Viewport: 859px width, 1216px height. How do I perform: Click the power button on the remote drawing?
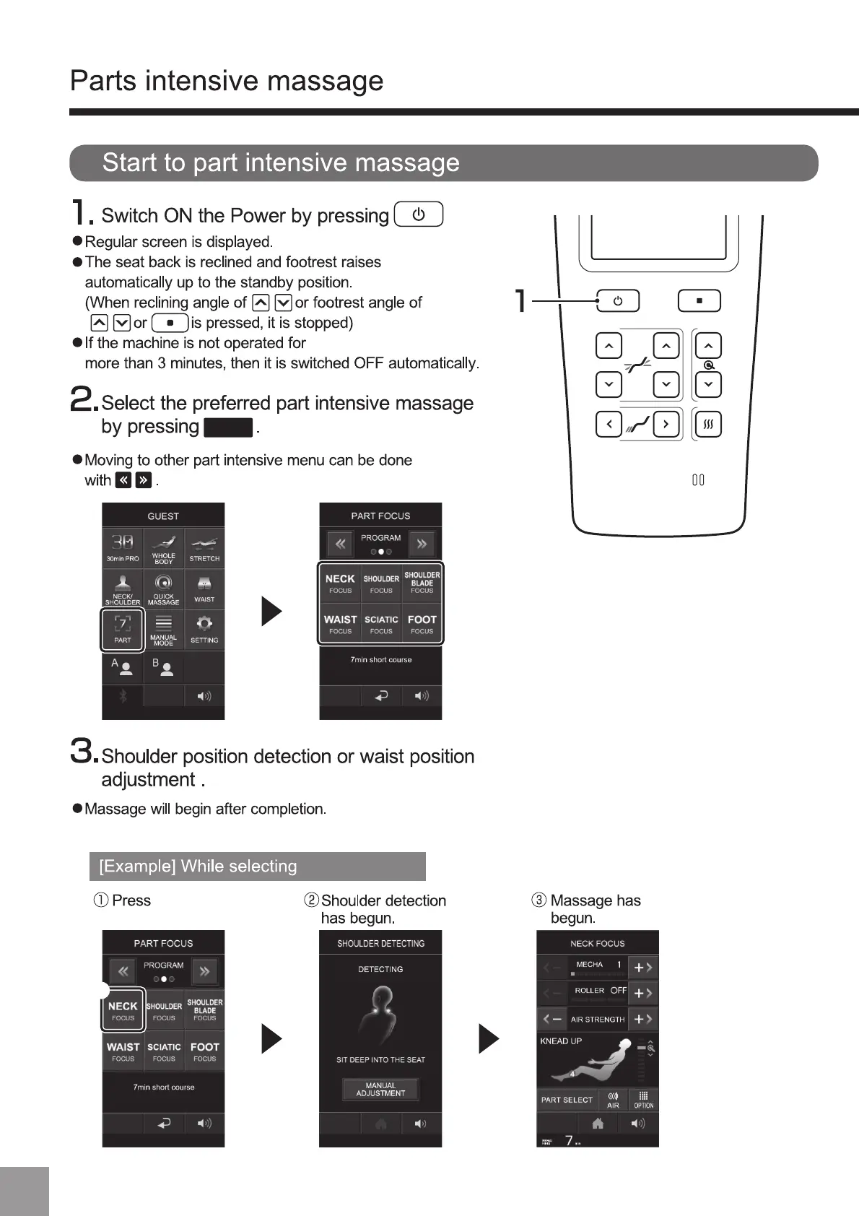(618, 301)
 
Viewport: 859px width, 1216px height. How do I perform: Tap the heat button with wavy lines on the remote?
(708, 424)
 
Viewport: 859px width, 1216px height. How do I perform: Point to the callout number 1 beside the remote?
(520, 300)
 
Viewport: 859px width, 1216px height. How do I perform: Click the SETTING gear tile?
(204, 629)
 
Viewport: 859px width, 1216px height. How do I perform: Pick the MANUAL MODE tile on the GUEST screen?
(164, 629)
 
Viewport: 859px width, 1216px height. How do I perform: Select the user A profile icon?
(123, 667)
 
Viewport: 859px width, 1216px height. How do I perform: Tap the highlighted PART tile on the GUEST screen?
(123, 629)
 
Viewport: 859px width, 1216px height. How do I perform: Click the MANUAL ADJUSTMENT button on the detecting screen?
(380, 1089)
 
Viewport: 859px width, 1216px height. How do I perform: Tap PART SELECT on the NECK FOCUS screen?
(567, 1100)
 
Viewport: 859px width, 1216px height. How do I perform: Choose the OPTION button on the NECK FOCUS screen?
(643, 1100)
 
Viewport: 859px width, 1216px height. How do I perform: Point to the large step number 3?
(83, 751)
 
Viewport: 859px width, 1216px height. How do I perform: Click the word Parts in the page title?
(103, 81)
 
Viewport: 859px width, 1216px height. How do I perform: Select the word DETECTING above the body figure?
(380, 969)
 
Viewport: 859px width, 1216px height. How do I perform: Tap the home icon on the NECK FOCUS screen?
(598, 1124)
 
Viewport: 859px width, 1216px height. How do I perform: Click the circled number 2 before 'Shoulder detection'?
(311, 900)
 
